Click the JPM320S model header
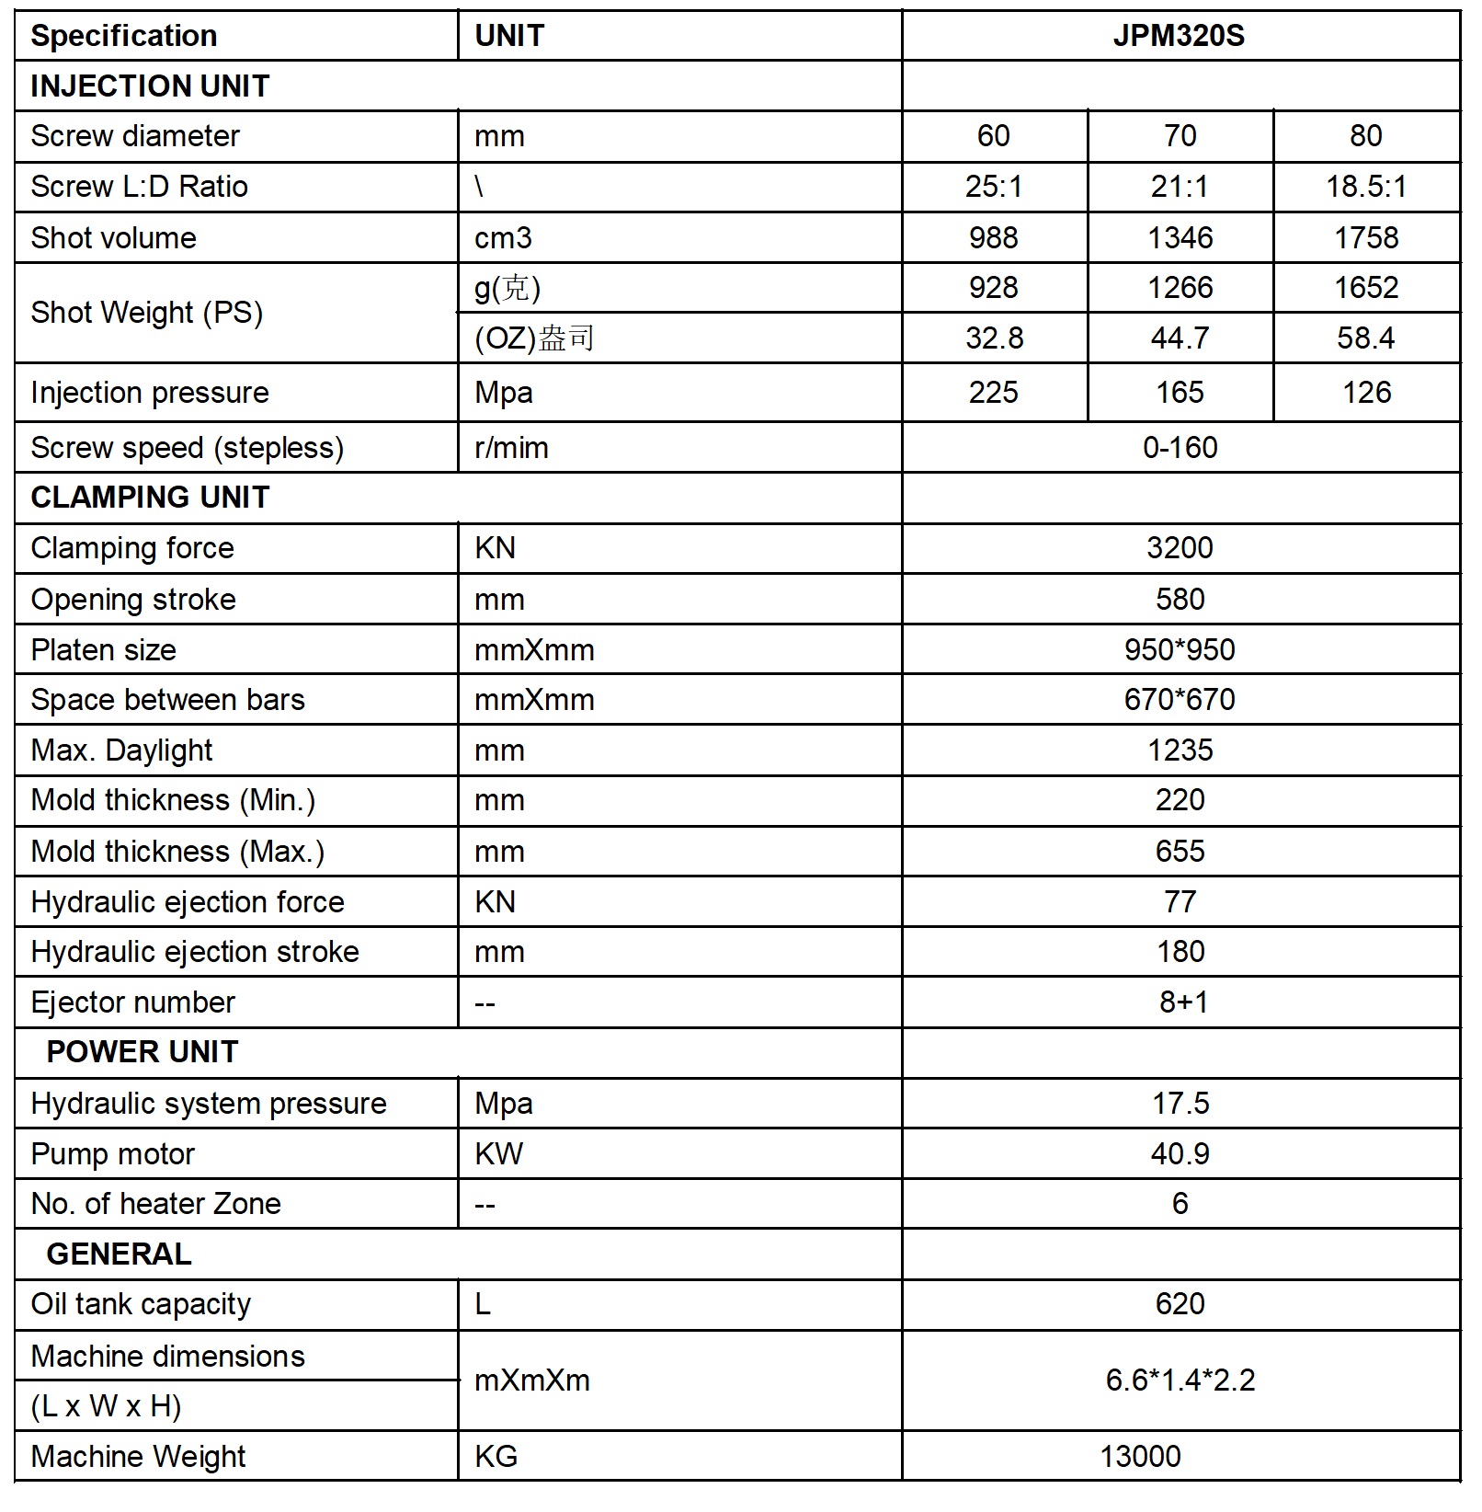(1179, 36)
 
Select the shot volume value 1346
(1180, 237)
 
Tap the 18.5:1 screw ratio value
(1365, 187)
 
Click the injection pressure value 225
(993, 393)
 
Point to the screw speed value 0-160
(1180, 448)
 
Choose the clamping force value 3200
(1180, 548)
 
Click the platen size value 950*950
(1180, 650)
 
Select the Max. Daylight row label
(121, 750)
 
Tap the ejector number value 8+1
(1183, 1002)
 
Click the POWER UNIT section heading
(142, 1052)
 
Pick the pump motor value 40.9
(1180, 1153)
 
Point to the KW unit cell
(498, 1153)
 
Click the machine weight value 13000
(1140, 1456)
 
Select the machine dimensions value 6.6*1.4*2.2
(1180, 1380)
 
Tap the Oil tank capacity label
(141, 1304)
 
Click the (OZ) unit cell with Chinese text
(534, 338)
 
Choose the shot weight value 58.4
(1365, 338)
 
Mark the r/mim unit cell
(511, 448)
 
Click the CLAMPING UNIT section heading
(150, 498)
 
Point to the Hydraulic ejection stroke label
(195, 952)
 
